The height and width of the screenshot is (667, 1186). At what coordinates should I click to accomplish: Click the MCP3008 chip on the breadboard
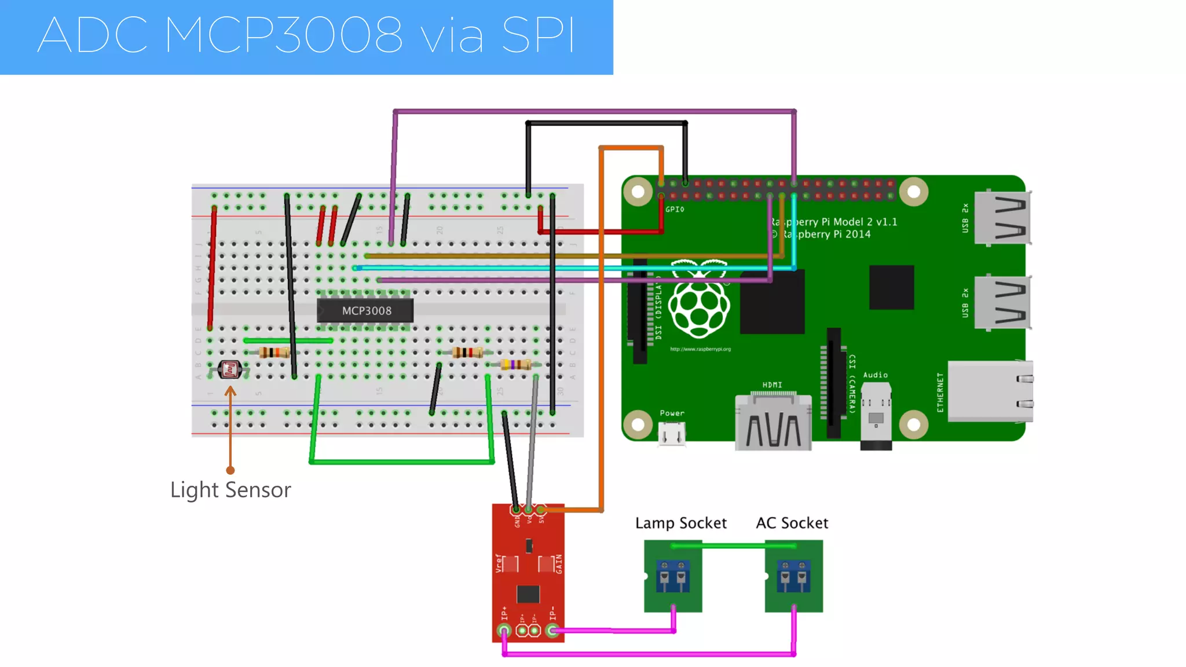pos(365,310)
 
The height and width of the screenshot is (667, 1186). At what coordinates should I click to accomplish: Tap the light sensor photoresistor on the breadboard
pos(230,369)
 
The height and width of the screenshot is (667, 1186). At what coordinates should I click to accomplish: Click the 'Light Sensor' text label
pos(230,490)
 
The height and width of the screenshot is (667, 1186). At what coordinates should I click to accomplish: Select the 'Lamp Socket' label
pos(680,523)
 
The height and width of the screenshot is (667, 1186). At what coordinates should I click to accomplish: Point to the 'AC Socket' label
pos(792,523)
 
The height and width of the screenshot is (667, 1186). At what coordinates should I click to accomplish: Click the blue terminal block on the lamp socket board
pos(673,576)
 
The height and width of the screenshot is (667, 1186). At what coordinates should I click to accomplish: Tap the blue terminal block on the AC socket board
pos(793,576)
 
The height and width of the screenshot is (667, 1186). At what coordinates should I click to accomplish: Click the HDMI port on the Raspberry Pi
pos(773,423)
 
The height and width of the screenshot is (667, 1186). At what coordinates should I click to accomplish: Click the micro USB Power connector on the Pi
pos(672,434)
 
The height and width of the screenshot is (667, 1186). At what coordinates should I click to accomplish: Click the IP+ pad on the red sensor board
pos(504,630)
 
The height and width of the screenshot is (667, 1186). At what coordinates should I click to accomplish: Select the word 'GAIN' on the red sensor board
pos(559,563)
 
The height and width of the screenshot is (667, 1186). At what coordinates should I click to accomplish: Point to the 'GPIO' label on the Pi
pos(675,209)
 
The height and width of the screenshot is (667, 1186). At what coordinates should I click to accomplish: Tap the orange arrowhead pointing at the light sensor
pos(230,391)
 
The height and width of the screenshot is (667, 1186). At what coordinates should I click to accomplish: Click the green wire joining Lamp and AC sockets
pos(733,545)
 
